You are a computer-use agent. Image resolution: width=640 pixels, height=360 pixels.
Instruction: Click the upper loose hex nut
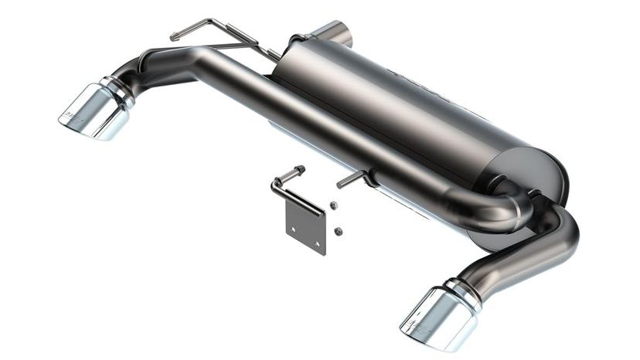point(332,205)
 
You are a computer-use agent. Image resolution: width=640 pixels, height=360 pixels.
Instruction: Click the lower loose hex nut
point(338,229)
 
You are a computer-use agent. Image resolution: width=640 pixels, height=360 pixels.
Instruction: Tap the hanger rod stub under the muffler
point(352,180)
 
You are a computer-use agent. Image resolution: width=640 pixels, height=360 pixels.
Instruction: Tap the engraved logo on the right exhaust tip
point(417,324)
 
